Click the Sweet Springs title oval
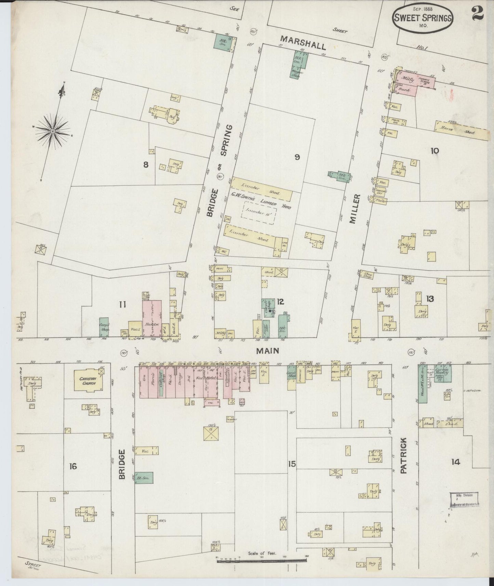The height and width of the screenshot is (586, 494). (423, 19)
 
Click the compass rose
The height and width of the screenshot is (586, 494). (53, 131)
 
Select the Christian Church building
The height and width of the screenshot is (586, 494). (88, 381)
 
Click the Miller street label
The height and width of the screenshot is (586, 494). (355, 209)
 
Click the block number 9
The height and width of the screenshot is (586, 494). (297, 157)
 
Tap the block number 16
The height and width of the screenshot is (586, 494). (73, 466)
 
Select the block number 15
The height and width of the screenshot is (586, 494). (292, 464)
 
